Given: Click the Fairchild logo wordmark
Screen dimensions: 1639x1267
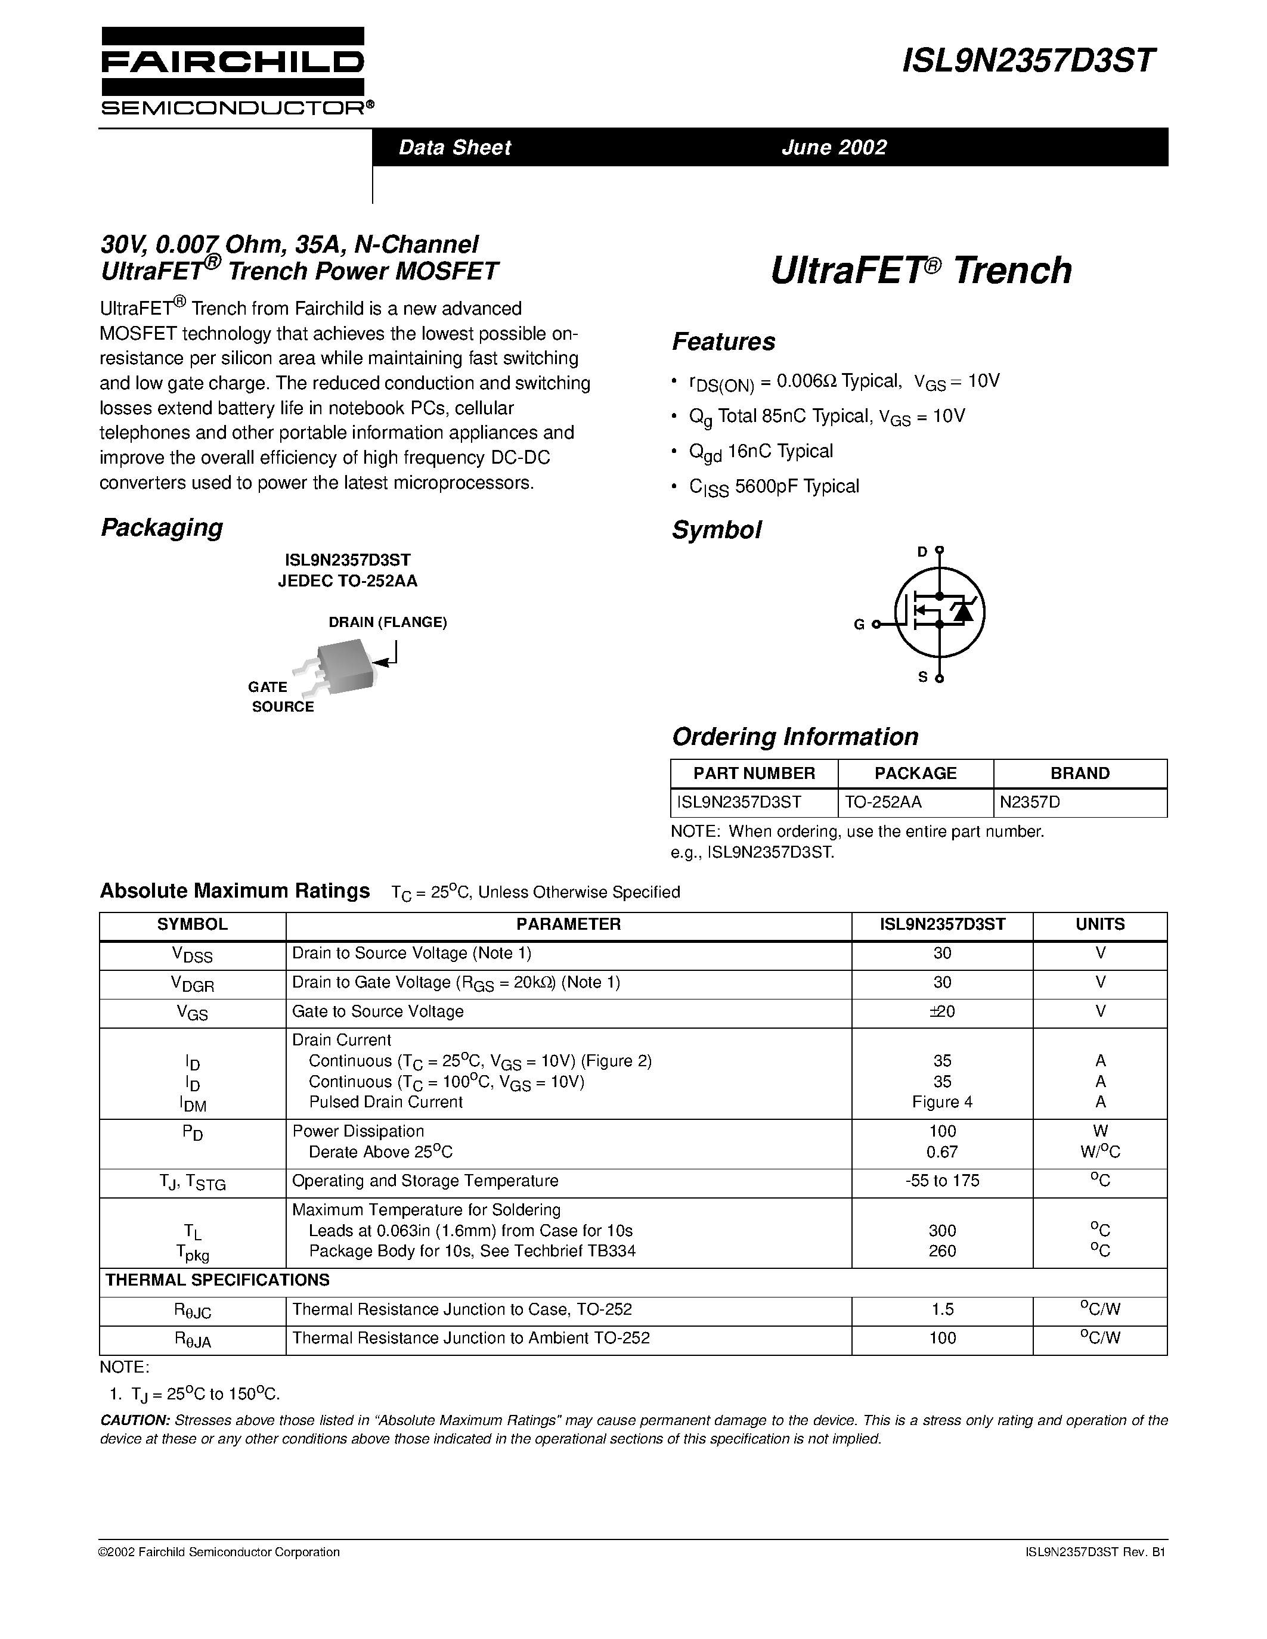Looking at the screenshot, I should (232, 61).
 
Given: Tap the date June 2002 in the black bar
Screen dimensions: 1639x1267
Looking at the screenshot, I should (834, 147).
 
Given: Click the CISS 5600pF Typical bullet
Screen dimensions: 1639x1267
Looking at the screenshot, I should (774, 487).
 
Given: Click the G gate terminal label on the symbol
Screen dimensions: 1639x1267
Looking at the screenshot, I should (859, 625).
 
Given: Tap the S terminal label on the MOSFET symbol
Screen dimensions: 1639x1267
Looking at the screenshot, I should (923, 677).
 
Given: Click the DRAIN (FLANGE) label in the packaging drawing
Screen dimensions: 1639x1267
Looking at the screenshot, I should (388, 622).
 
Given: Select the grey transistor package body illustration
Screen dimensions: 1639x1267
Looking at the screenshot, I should (345, 665).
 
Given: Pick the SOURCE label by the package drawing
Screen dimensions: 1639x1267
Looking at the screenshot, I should (283, 707).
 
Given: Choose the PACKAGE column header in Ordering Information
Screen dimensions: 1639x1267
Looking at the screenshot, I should (915, 774).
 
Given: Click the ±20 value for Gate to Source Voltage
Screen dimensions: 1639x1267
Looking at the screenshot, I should (942, 1011).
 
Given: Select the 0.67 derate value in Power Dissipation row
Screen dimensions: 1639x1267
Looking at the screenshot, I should (942, 1152).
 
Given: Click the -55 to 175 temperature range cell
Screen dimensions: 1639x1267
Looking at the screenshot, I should (942, 1181).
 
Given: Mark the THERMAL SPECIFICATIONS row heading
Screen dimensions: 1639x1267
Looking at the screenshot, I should (218, 1280).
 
